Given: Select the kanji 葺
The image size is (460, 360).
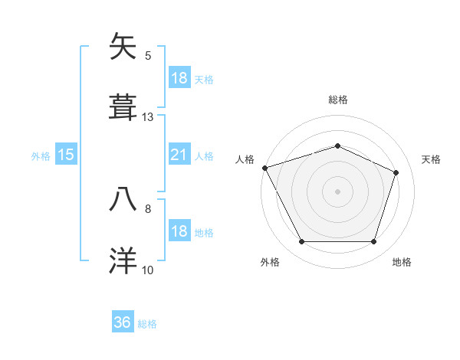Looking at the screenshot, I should [123, 107].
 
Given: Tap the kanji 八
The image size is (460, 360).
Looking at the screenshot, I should [123, 198].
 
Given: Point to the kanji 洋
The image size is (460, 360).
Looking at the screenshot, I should [123, 260].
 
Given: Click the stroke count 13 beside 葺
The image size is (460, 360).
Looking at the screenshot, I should [148, 117].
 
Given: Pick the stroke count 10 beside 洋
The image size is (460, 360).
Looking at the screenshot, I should [148, 270].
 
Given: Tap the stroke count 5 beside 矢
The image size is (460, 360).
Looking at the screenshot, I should [148, 56].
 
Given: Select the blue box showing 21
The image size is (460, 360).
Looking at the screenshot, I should [179, 155].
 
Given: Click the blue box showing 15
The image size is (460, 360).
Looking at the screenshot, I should [66, 155].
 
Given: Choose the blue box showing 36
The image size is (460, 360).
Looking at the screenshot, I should [123, 323].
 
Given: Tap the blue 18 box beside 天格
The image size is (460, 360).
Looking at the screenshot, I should [179, 78].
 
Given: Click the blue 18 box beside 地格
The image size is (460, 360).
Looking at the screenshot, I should [179, 232].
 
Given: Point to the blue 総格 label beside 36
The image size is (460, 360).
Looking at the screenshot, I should [147, 324].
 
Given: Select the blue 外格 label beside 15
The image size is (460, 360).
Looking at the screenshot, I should [41, 156].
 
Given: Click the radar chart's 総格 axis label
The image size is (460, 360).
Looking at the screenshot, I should [338, 100].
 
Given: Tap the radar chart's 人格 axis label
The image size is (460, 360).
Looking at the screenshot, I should [245, 159].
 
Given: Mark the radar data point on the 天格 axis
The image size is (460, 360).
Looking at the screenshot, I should [396, 172].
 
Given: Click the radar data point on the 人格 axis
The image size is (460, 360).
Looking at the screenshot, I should [264, 168].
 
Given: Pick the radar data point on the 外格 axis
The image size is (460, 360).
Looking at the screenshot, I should [301, 242].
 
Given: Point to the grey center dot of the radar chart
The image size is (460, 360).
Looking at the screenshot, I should [337, 191].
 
